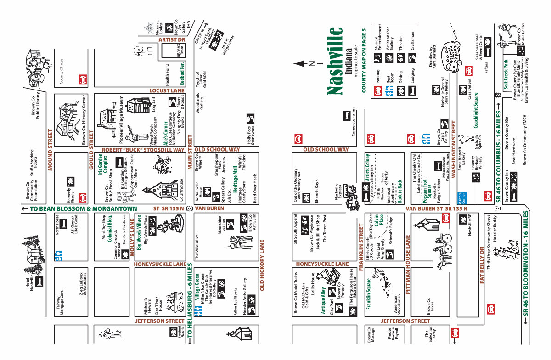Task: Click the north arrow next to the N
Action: (x=301, y=63)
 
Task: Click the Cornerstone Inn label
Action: (x=354, y=120)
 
